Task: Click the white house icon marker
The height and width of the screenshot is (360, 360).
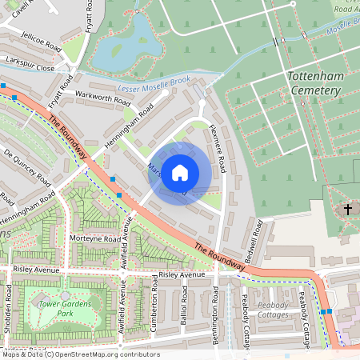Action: (x=180, y=173)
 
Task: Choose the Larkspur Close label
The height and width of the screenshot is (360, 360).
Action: (x=28, y=69)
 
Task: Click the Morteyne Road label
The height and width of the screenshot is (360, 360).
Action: (x=94, y=238)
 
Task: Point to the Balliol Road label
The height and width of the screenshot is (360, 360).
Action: (x=183, y=318)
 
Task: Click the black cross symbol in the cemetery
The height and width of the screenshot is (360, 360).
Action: (x=347, y=210)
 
